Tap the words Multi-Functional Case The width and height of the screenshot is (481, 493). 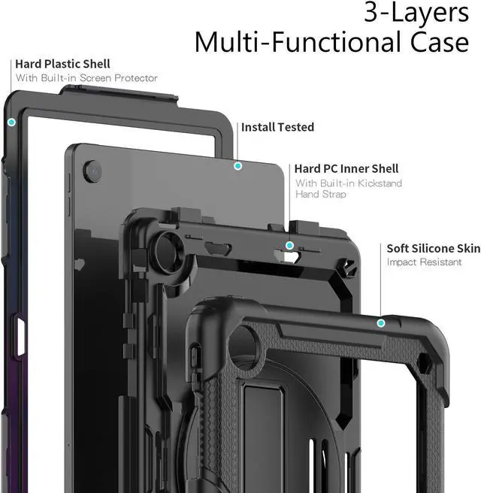tap(331, 42)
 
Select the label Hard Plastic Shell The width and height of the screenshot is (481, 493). tap(62, 64)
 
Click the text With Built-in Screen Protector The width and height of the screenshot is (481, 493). tap(86, 78)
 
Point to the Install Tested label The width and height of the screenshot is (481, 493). tap(277, 128)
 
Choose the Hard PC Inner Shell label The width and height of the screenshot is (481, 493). tap(346, 169)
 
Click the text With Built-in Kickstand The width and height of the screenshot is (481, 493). tap(348, 183)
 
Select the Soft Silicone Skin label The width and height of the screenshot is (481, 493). tap(434, 248)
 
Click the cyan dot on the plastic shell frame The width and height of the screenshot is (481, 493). tap(11, 122)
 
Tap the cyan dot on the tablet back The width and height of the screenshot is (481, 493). tap(237, 165)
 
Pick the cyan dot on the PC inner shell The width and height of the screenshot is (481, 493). tap(289, 245)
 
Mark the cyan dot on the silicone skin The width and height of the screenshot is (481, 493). tap(381, 323)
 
